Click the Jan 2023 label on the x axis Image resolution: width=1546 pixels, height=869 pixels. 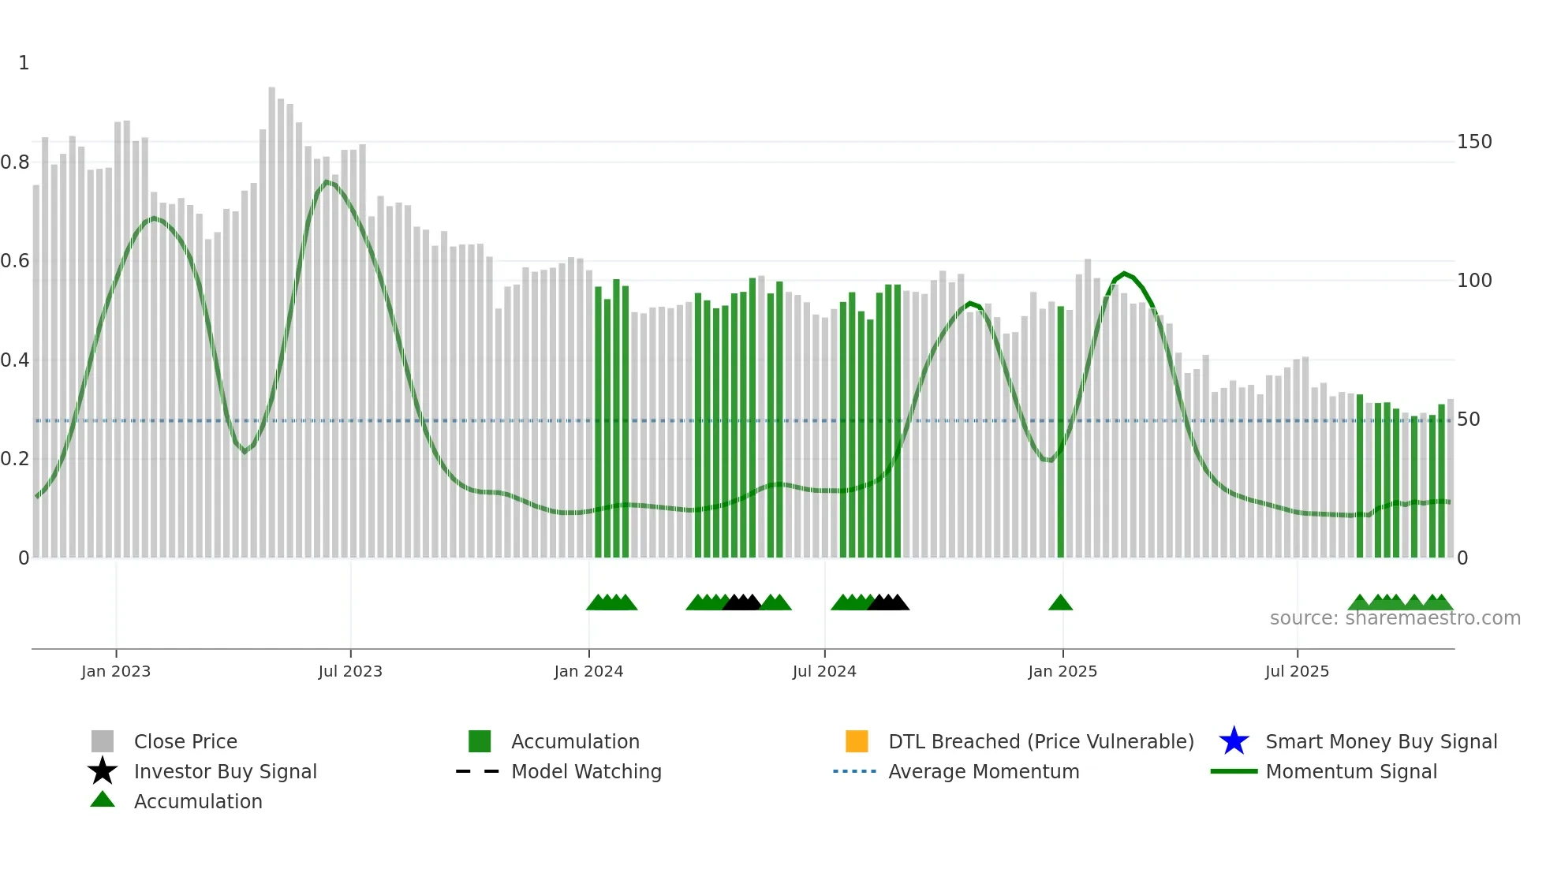click(116, 672)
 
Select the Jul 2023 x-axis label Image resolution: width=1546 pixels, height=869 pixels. click(350, 672)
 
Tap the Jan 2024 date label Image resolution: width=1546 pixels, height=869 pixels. click(588, 672)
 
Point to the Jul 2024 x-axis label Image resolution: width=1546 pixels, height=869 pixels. click(824, 672)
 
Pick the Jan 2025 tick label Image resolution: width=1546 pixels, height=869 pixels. click(1062, 672)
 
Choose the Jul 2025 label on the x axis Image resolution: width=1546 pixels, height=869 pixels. click(1297, 672)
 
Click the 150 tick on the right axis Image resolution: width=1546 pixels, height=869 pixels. click(1474, 142)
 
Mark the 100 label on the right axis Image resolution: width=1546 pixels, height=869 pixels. click(1474, 281)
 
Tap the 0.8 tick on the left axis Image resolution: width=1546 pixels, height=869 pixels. click(15, 162)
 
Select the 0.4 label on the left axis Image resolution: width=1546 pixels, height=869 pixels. click(15, 360)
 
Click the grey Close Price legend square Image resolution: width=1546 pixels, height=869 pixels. click(103, 741)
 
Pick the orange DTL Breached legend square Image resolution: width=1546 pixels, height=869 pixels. click(857, 741)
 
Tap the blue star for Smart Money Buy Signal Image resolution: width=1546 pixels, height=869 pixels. click(1234, 741)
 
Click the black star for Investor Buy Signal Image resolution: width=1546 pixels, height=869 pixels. click(103, 771)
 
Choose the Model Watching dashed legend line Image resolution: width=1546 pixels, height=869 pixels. click(477, 771)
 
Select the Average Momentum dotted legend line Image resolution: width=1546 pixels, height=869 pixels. click(854, 771)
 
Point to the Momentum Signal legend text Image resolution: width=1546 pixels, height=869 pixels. click(1351, 772)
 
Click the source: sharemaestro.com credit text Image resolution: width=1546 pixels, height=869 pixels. click(1395, 618)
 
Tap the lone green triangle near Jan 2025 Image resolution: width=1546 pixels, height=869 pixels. click(1060, 603)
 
